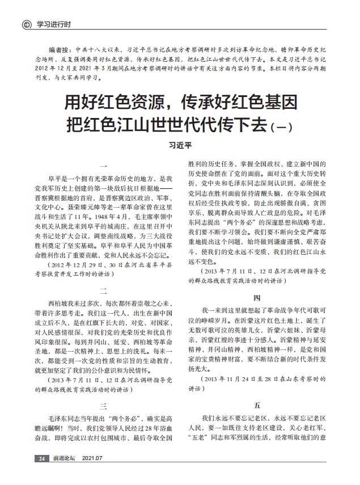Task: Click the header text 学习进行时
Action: [x=54, y=25]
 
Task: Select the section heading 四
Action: [x=257, y=297]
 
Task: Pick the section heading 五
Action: [x=257, y=406]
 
